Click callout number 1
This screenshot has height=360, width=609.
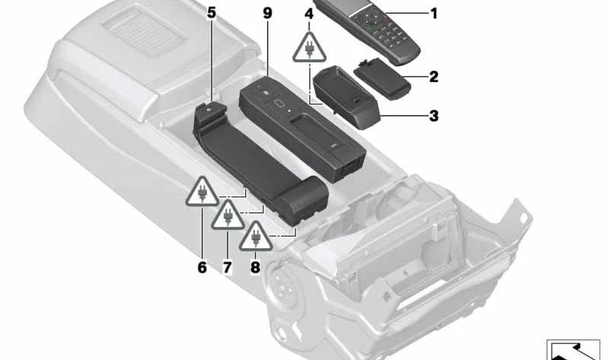pyautogui.click(x=434, y=14)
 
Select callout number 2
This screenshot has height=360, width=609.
pyautogui.click(x=433, y=77)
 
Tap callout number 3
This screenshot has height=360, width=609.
pyautogui.click(x=433, y=116)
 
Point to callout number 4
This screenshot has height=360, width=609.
pyautogui.click(x=309, y=14)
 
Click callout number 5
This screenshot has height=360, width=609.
pyautogui.click(x=211, y=13)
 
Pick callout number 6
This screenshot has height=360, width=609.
pyautogui.click(x=202, y=267)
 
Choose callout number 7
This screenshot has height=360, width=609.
pyautogui.click(x=227, y=267)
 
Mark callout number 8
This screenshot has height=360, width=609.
pyautogui.click(x=255, y=267)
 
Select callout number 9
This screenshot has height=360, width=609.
pyautogui.click(x=268, y=13)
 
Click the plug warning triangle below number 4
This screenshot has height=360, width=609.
pyautogui.click(x=309, y=49)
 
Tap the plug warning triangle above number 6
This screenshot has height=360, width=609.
pyautogui.click(x=202, y=192)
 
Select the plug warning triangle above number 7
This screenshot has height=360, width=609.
pyautogui.click(x=228, y=215)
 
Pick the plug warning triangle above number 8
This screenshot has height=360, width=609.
pyautogui.click(x=255, y=237)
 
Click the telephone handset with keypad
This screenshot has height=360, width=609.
pyautogui.click(x=367, y=28)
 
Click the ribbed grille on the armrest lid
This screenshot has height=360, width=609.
pyautogui.click(x=145, y=32)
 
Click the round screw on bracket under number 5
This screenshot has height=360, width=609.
pyautogui.click(x=210, y=110)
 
